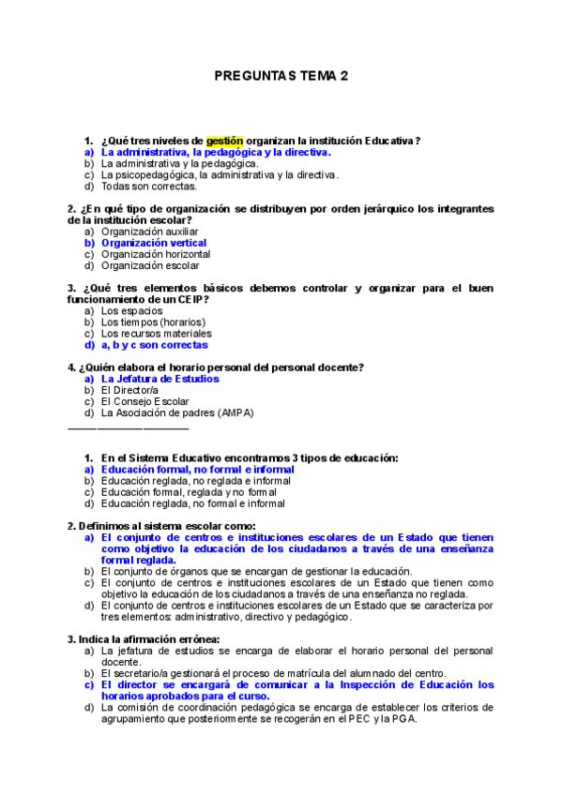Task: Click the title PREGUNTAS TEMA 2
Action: click(281, 76)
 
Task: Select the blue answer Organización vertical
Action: click(153, 243)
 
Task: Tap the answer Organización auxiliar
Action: click(149, 231)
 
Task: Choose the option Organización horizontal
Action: click(155, 254)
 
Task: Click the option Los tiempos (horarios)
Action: click(153, 322)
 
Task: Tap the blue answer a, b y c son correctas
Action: click(154, 345)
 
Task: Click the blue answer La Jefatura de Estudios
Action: click(159, 379)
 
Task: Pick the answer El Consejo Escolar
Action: click(144, 401)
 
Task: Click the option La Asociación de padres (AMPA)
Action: click(176, 412)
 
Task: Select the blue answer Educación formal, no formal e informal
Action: click(197, 469)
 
